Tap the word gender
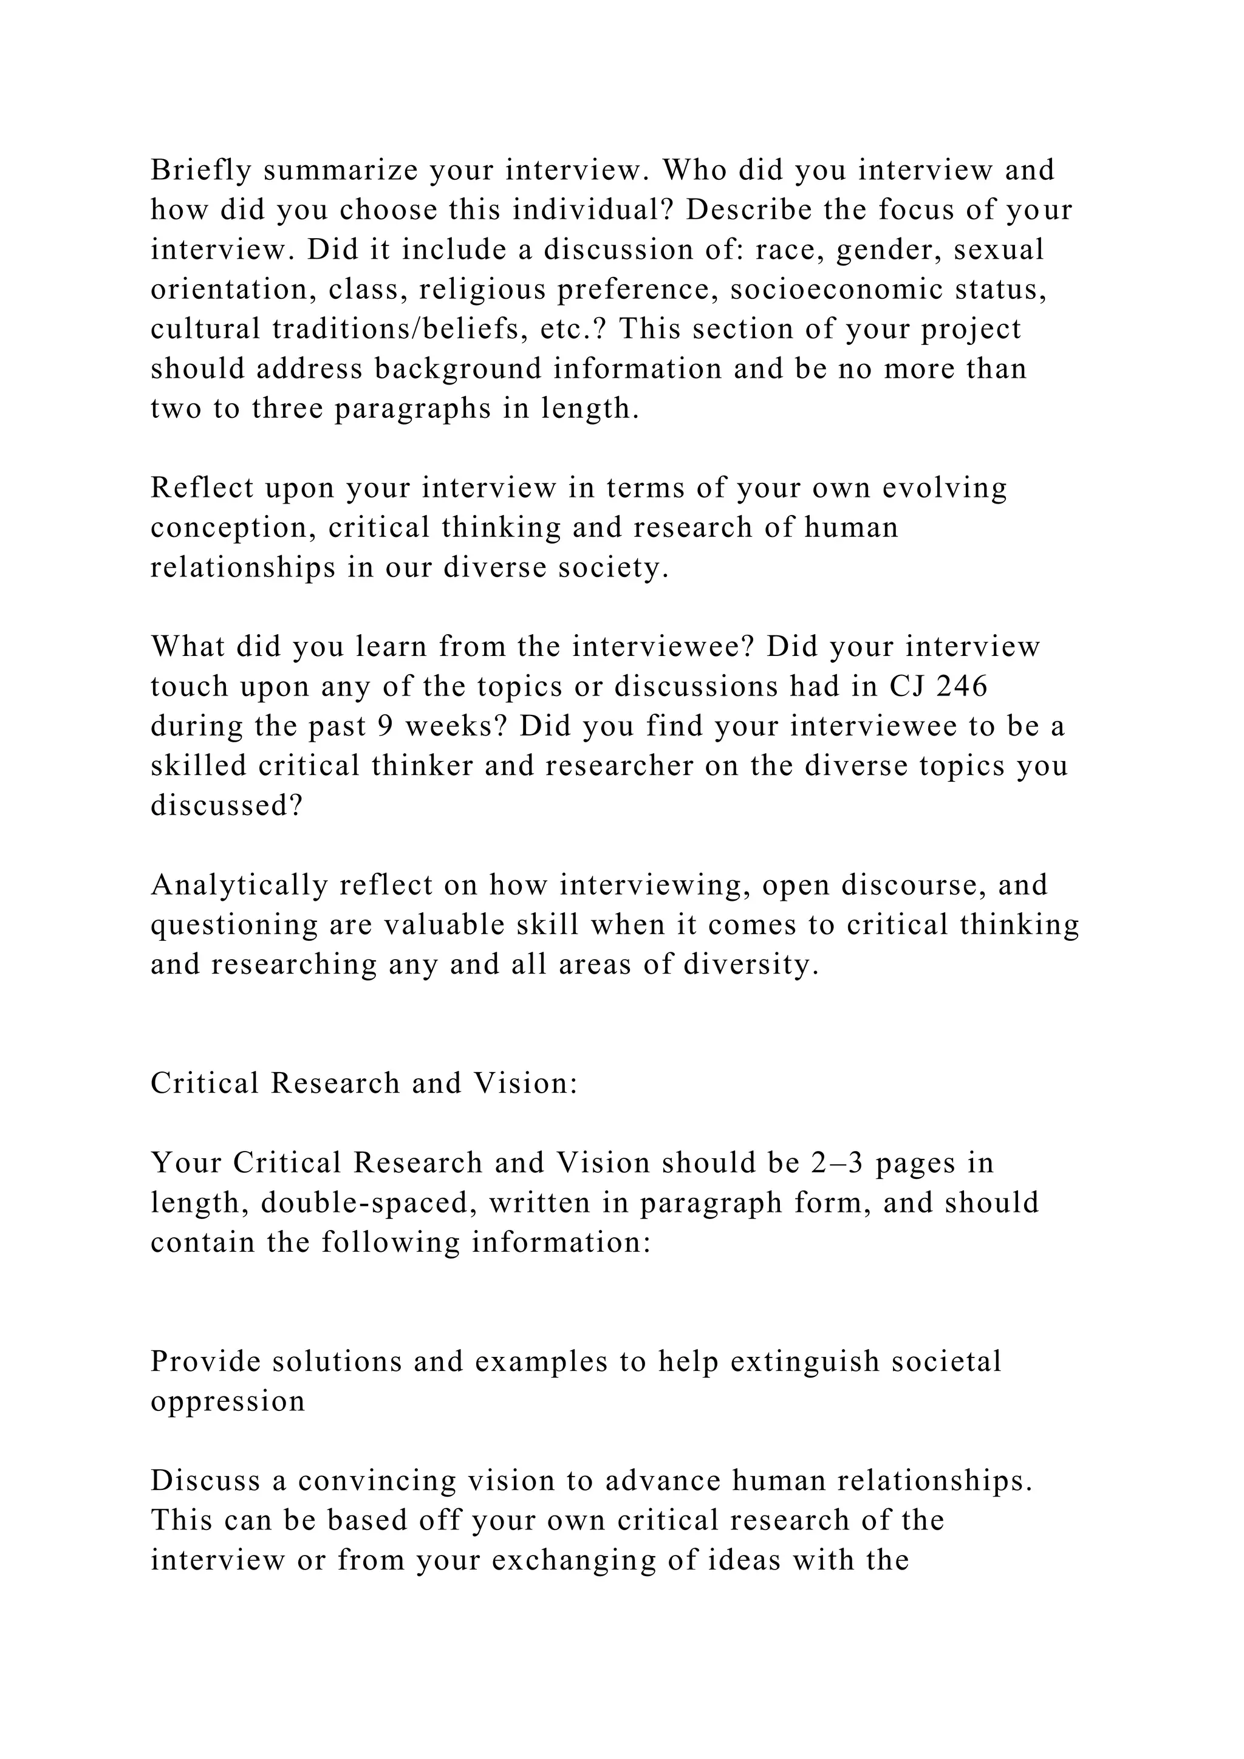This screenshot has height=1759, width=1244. (x=885, y=250)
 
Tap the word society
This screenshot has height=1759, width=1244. (x=613, y=568)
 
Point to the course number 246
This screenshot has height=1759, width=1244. (x=962, y=686)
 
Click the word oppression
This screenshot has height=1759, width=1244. (x=228, y=1401)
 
